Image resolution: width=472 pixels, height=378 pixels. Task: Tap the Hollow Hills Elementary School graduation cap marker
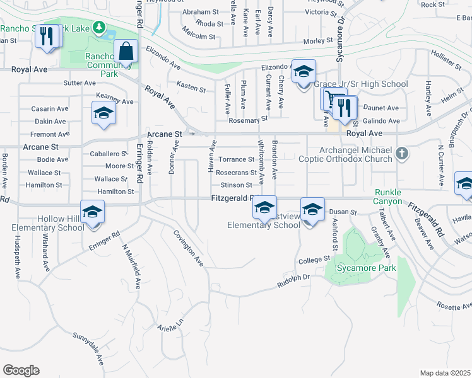[92, 212]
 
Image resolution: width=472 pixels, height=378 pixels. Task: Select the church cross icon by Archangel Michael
[402, 153]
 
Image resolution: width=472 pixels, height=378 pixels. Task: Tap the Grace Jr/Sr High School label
[361, 84]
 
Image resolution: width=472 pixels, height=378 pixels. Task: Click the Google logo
[21, 370]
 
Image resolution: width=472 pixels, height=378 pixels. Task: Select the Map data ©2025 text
[445, 373]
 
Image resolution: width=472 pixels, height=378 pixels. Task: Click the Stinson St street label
[237, 185]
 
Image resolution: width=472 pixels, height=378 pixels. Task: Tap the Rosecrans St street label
[236, 172]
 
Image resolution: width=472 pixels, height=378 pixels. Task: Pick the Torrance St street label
[236, 159]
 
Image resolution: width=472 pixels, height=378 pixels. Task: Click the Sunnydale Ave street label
[88, 348]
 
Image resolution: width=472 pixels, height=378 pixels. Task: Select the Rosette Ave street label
[455, 306]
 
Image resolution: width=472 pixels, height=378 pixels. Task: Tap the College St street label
[314, 259]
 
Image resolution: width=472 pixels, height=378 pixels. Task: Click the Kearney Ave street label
[114, 101]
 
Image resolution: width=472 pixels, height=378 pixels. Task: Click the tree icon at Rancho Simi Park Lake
[99, 27]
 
